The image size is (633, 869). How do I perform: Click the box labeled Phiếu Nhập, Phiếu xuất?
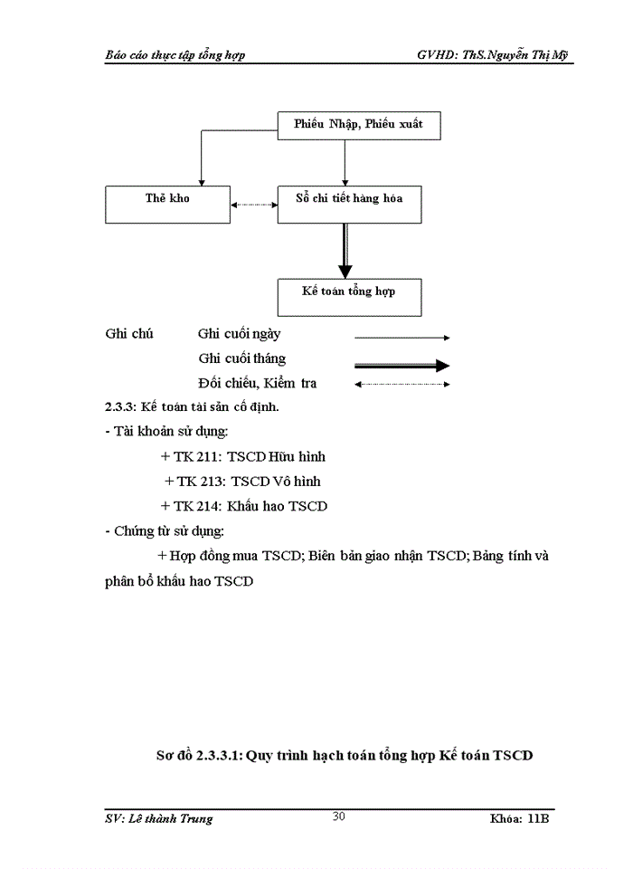pyautogui.click(x=358, y=124)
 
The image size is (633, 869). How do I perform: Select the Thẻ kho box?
pyautogui.click(x=167, y=204)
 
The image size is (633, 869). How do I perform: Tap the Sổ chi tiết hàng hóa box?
pyautogui.click(x=349, y=204)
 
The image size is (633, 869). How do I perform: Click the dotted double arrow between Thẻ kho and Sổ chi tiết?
pyautogui.click(x=253, y=205)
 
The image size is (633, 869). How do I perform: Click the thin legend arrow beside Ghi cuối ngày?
pyautogui.click(x=402, y=337)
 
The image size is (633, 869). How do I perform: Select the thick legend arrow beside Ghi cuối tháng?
pyautogui.click(x=402, y=365)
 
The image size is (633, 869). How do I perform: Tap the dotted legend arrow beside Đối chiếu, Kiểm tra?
pyautogui.click(x=402, y=384)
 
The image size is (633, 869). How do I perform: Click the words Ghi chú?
pyautogui.click(x=129, y=333)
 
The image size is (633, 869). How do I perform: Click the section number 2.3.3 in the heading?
pyautogui.click(x=120, y=406)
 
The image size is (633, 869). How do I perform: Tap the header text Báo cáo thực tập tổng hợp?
pyautogui.click(x=175, y=54)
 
